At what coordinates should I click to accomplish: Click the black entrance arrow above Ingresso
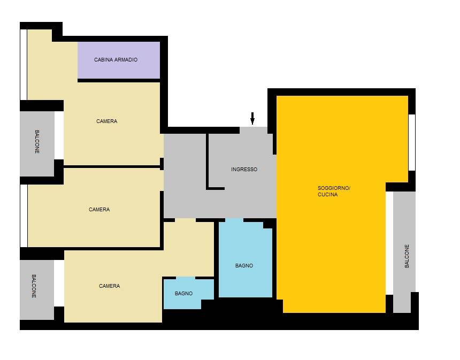pos(252,118)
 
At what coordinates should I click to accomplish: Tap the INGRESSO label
pos(244,169)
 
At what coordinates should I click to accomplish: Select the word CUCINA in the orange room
pos(328,195)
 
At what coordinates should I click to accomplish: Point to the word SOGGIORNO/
pos(334,188)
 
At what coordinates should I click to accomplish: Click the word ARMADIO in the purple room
pos(126,59)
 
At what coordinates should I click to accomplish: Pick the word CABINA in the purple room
pos(104,59)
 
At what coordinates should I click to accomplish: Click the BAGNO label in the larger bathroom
pos(244,265)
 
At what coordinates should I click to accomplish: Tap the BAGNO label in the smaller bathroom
pos(183,293)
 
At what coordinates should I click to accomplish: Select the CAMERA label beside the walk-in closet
pos(107,121)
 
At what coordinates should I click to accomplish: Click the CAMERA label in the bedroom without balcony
pos(99,210)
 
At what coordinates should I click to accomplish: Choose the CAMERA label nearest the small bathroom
pos(110,286)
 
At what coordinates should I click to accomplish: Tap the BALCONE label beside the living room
pos(407,256)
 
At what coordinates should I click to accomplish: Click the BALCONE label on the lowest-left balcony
pos(34,286)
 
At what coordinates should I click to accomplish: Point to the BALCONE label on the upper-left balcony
pos(37,142)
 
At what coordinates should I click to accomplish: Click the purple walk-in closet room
pos(119,60)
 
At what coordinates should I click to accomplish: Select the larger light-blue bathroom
pos(246,259)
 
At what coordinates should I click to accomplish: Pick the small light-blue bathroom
pos(188,293)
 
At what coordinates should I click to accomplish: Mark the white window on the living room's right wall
pos(412,142)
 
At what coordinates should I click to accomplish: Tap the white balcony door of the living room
pos(389,243)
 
